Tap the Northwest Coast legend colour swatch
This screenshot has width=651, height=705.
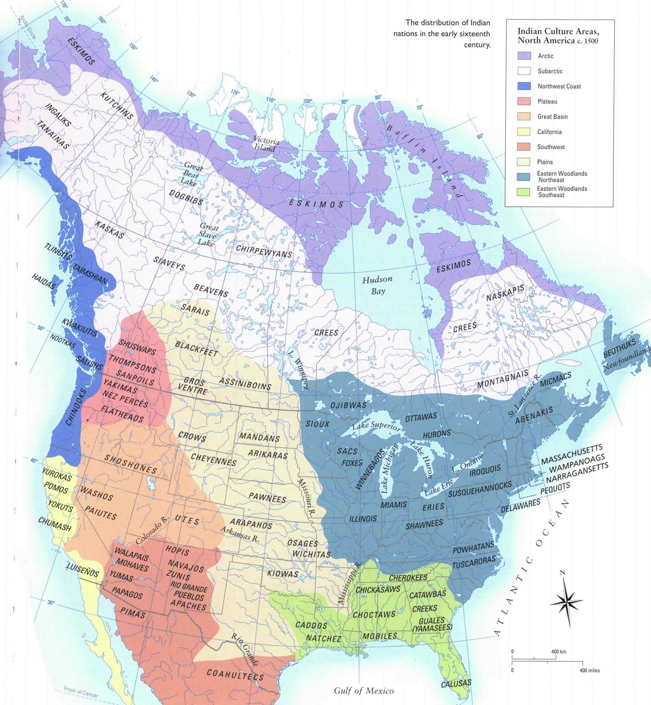(524, 86)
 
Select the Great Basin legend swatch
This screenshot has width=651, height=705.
(524, 116)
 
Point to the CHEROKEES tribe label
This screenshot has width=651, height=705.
(408, 578)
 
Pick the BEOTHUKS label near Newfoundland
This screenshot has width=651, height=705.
(619, 348)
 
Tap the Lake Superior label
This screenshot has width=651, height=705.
(376, 426)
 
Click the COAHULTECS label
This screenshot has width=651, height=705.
(235, 675)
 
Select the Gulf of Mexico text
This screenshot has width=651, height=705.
(364, 691)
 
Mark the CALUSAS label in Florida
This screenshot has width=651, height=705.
(456, 683)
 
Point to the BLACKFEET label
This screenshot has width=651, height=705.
(196, 349)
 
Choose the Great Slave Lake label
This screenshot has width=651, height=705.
(207, 235)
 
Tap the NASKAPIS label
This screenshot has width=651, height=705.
(506, 293)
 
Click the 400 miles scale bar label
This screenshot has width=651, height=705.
(589, 670)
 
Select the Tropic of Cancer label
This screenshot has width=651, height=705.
(80, 691)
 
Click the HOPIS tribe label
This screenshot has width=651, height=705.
(177, 551)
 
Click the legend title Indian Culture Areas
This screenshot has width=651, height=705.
(558, 36)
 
